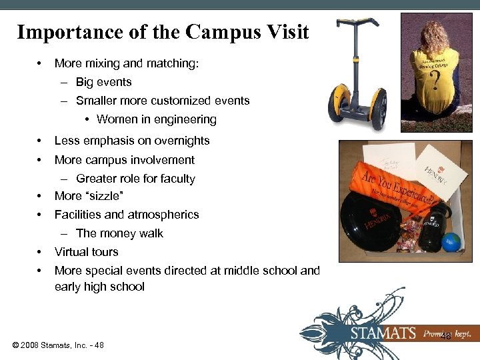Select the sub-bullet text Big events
(x=103, y=82)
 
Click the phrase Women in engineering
(x=157, y=119)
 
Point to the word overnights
(x=181, y=141)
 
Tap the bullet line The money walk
(x=119, y=233)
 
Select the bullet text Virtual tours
(x=86, y=252)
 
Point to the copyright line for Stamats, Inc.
(x=57, y=345)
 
